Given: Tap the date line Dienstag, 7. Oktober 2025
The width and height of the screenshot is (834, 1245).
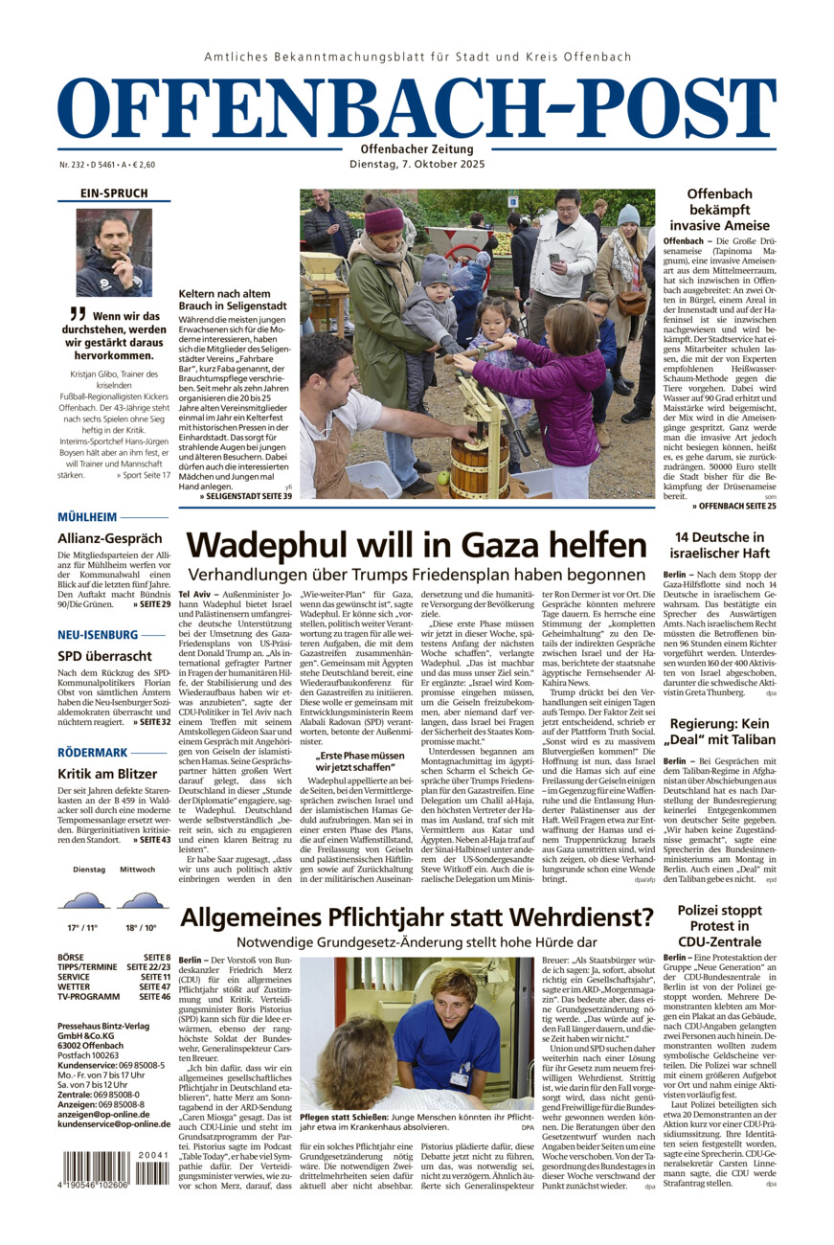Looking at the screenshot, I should tap(417, 164).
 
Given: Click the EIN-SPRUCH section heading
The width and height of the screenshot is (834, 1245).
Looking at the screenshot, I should tap(114, 193).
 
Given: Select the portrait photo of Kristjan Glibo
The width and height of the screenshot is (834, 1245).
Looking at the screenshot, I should tap(114, 252).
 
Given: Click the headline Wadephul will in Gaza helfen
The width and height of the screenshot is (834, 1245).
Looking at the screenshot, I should tap(417, 545).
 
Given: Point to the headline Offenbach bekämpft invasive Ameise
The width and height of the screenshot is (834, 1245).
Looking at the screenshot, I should tap(733, 210).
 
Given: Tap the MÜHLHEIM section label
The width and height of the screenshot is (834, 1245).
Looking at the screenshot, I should tap(87, 517).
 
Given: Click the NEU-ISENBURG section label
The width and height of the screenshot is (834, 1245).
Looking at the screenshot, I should tap(98, 634).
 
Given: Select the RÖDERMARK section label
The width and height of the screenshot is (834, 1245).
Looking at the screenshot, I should tap(93, 752).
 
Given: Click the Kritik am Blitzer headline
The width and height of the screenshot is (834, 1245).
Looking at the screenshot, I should tap(107, 773).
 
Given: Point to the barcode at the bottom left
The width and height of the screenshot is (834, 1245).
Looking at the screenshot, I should tap(107, 1170).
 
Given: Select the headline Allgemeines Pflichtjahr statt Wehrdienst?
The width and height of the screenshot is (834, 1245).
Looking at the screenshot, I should tap(417, 917).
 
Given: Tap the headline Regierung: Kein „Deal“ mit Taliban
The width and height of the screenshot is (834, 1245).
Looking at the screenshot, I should tap(732, 734).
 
